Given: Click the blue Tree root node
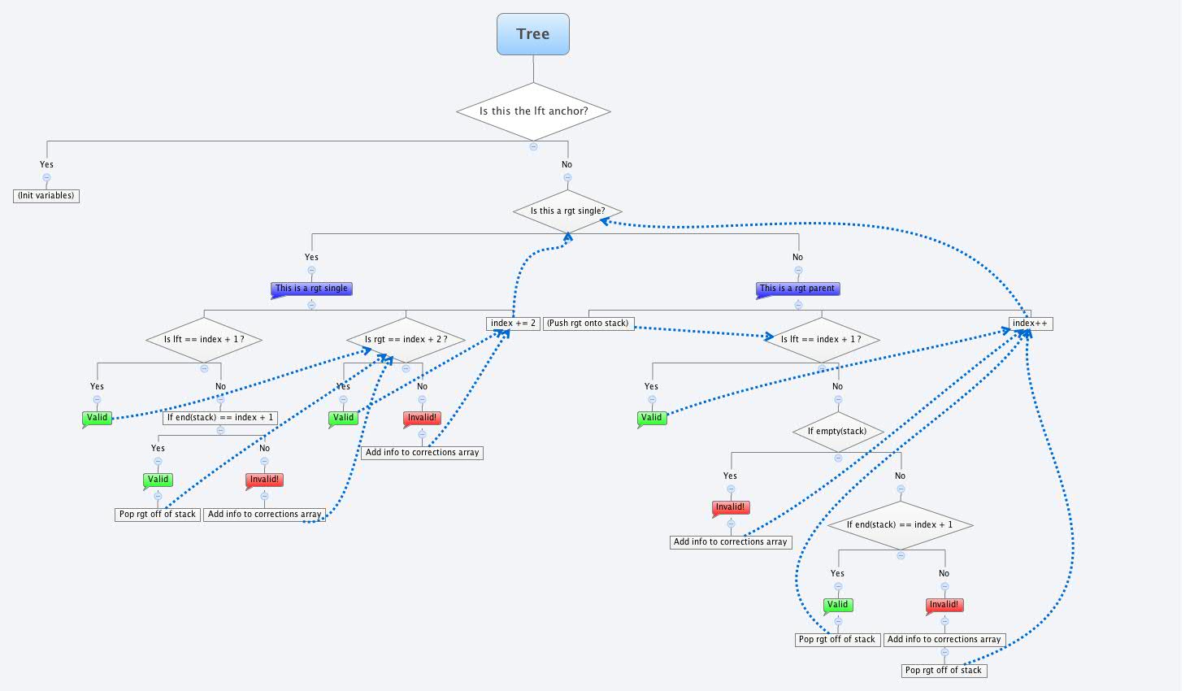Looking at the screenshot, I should click(x=532, y=34).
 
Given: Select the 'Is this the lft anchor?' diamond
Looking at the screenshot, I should click(x=533, y=111).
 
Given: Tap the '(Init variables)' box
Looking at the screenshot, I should click(x=46, y=196).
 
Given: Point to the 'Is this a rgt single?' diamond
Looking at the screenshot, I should click(x=567, y=211).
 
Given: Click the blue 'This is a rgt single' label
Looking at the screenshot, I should click(x=311, y=289).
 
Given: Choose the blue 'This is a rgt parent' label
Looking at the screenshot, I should click(x=797, y=289).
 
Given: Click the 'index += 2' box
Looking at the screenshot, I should click(x=513, y=324).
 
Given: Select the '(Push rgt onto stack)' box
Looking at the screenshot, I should click(x=588, y=324).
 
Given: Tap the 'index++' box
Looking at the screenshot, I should click(x=1030, y=324).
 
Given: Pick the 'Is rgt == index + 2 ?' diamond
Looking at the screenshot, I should click(x=406, y=340).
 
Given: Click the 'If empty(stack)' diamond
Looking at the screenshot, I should click(x=837, y=432).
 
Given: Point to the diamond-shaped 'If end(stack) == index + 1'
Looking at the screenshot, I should click(x=900, y=525).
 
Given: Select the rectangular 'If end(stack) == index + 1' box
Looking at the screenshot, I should click(x=220, y=418).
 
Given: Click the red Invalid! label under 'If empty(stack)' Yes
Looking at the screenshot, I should click(x=730, y=507).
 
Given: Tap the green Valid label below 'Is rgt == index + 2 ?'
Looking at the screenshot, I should click(x=344, y=418).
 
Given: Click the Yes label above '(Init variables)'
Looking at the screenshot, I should click(x=46, y=165).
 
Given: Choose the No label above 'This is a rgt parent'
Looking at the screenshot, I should click(x=797, y=258).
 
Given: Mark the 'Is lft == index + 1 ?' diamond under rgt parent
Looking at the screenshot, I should click(x=821, y=340).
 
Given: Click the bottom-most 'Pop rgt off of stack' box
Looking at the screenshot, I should click(x=943, y=671).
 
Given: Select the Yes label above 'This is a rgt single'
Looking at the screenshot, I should click(x=311, y=258).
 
